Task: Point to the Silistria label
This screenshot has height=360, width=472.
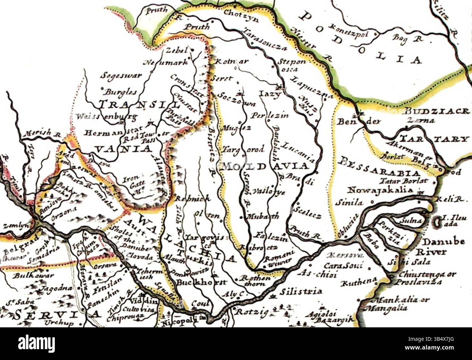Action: [x=301, y=291]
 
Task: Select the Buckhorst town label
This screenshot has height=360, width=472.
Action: [x=201, y=282]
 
